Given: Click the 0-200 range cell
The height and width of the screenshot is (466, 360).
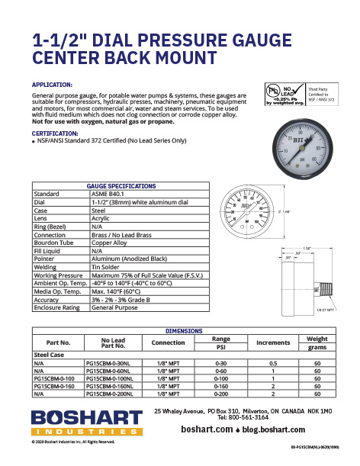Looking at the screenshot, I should [x=221, y=395].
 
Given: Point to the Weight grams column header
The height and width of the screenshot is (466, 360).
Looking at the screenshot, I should [x=317, y=342].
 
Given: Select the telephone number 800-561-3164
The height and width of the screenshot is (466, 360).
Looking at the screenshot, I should [x=252, y=418].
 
